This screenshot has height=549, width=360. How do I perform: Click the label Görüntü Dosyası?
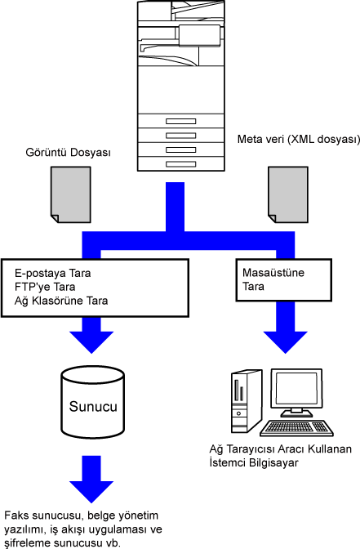tap(69, 153)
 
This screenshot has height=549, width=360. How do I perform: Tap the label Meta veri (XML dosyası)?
tap(299, 139)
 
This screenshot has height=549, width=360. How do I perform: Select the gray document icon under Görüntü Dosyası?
tap(71, 194)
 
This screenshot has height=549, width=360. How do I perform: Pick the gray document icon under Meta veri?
tap(288, 194)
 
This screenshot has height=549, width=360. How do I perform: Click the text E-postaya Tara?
tap(53, 273)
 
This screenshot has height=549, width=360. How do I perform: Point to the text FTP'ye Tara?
tap(45, 287)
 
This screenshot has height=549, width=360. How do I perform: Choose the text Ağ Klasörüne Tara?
tap(61, 301)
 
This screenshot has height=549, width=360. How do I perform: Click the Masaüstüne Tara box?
tap(284, 280)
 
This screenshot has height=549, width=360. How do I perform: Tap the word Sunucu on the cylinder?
tap(93, 407)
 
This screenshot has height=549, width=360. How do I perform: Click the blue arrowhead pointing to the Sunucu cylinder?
tap(91, 341)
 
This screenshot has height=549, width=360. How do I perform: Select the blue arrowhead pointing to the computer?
tap(286, 341)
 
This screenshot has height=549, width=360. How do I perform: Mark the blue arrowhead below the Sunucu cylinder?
tap(91, 492)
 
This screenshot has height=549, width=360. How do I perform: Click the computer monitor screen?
tap(296, 388)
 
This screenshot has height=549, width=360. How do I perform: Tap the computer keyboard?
tap(296, 428)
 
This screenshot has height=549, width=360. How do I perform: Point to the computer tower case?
tap(247, 401)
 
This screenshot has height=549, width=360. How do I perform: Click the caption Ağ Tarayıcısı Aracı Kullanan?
tap(281, 449)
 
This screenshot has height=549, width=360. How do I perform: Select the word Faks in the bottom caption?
tap(16, 516)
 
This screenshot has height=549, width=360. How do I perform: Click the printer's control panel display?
tap(199, 35)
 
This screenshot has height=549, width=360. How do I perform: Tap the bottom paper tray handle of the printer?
tap(181, 164)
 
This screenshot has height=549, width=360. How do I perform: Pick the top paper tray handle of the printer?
tap(181, 121)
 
